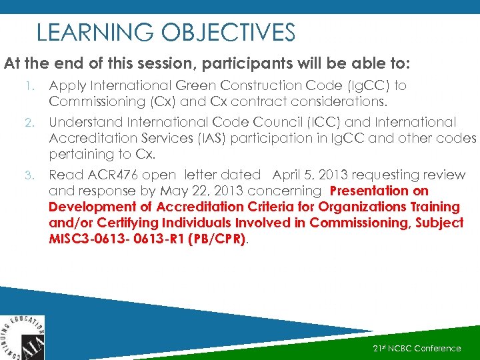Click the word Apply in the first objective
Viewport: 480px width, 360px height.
click(66, 85)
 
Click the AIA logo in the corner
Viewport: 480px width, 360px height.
click(22, 338)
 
